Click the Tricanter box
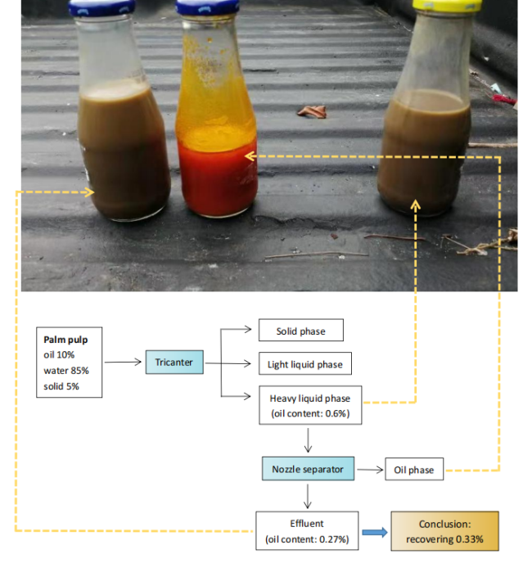tap(174, 362)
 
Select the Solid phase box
tap(300, 331)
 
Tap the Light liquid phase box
tap(305, 364)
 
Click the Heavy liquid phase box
tap(309, 405)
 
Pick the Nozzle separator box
tap(308, 469)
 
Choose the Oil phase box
tap(414, 470)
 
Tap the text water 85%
tap(66, 370)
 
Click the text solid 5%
tap(61, 385)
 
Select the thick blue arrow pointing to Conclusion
tap(375, 533)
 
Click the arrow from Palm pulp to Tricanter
tap(124, 362)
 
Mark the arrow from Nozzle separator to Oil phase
tap(371, 470)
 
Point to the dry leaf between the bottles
tap(312, 111)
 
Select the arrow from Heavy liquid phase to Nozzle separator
tap(308, 442)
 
